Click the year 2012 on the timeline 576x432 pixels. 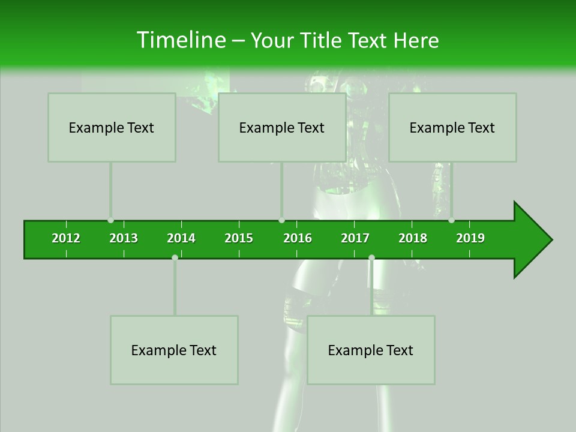pos(66,238)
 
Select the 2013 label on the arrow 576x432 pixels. pos(124,238)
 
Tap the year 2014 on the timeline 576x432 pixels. pos(181,238)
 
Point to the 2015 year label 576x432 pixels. pos(239,238)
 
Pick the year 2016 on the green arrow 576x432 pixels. pos(298,238)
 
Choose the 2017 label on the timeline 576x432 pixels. pos(355,238)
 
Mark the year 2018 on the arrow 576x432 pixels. pos(413,238)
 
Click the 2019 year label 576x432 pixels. pos(470,238)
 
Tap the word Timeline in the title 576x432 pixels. pos(180,40)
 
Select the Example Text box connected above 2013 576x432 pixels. pos(112,127)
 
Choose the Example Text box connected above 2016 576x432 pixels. pos(282,127)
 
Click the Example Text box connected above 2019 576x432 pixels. pos(452,127)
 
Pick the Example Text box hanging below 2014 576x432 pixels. pos(174,350)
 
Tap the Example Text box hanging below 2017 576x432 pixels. pos(371,350)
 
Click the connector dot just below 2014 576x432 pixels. pos(175,257)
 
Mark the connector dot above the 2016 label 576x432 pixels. pos(281,220)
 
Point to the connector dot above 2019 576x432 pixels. pos(451,220)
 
